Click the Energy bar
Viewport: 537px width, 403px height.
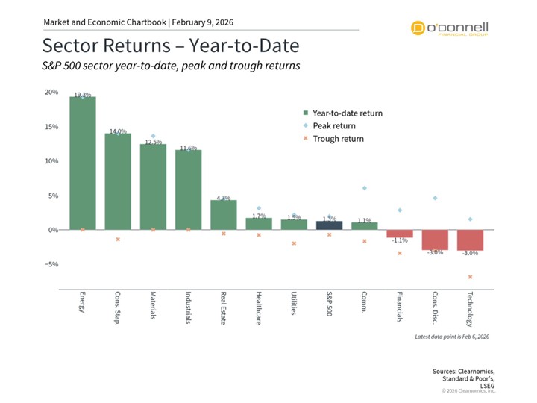click(x=83, y=163)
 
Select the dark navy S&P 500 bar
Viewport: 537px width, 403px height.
click(x=329, y=225)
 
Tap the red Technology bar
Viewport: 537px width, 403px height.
click(x=470, y=240)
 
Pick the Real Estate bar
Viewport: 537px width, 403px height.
click(x=223, y=215)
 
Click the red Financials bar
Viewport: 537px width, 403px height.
click(x=400, y=234)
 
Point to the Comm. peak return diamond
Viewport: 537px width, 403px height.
click(x=364, y=188)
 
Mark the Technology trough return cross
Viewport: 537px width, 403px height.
click(x=470, y=277)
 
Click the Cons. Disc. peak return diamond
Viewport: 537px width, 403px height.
click(x=435, y=198)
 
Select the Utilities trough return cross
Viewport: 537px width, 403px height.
click(x=294, y=243)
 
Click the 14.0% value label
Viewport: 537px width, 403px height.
click(x=118, y=131)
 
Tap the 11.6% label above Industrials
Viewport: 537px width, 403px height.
click(x=188, y=148)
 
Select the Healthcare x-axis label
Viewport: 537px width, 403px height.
click(x=258, y=306)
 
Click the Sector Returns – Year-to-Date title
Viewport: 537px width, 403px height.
click(x=171, y=46)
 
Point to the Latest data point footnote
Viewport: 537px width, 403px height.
click(x=452, y=337)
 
